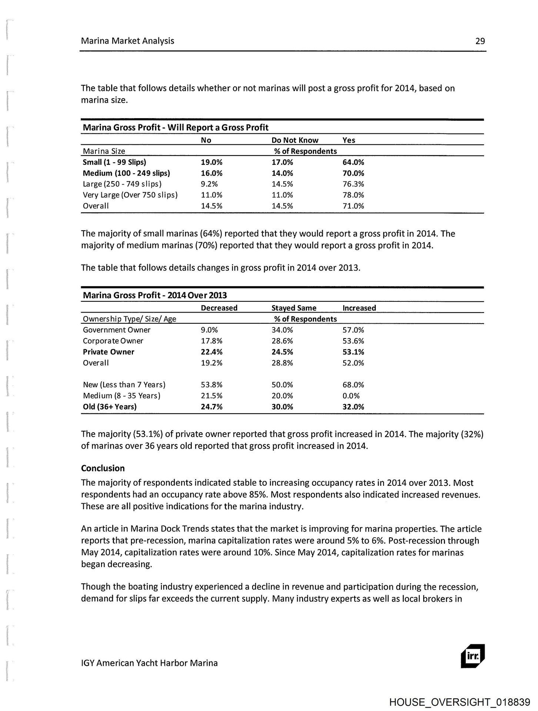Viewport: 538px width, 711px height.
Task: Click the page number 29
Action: (x=480, y=41)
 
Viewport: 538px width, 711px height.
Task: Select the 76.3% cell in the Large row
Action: (x=353, y=184)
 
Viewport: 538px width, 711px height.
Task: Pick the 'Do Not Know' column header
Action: (x=295, y=140)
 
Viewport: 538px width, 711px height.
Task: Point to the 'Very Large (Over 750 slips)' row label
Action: (x=130, y=195)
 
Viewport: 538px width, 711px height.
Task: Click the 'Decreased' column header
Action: (x=219, y=308)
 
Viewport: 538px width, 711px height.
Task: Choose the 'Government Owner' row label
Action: (x=117, y=330)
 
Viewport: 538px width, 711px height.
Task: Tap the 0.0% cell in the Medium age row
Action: (x=351, y=395)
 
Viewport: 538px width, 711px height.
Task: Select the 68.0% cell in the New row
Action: (x=353, y=385)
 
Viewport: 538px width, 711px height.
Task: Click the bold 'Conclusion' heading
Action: (x=103, y=468)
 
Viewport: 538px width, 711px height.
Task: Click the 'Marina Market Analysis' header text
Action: (x=127, y=41)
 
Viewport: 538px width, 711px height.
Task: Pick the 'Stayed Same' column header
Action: (x=294, y=308)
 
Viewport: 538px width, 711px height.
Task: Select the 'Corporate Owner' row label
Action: (x=113, y=341)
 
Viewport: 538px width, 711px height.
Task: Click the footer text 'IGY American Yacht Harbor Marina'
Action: (x=149, y=663)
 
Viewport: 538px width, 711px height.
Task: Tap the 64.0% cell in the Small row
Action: (x=353, y=162)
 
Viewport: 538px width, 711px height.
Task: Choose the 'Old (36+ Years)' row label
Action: (x=110, y=407)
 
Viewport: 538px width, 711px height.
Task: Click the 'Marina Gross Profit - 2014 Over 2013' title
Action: (x=155, y=295)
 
